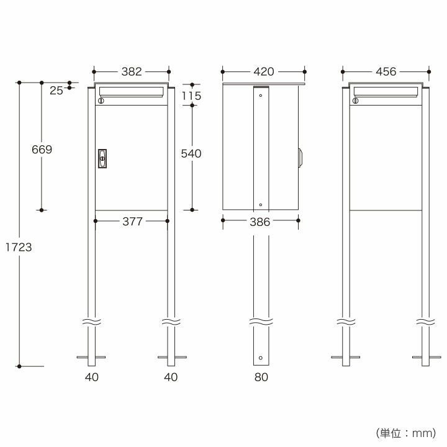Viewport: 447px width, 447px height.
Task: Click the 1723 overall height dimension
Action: coord(19,247)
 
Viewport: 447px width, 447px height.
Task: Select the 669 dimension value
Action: coord(42,150)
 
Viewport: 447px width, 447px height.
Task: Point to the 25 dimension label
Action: coord(56,91)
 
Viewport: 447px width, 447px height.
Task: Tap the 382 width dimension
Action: coord(132,71)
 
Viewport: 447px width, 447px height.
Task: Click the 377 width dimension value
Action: coord(132,222)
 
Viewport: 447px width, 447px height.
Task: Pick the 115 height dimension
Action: coord(192,96)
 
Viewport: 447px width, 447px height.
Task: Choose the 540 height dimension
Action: coord(191,154)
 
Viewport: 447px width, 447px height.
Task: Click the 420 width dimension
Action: coord(264,71)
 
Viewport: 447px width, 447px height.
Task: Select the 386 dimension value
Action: coord(260,222)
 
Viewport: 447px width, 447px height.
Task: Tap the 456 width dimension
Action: coord(386,71)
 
